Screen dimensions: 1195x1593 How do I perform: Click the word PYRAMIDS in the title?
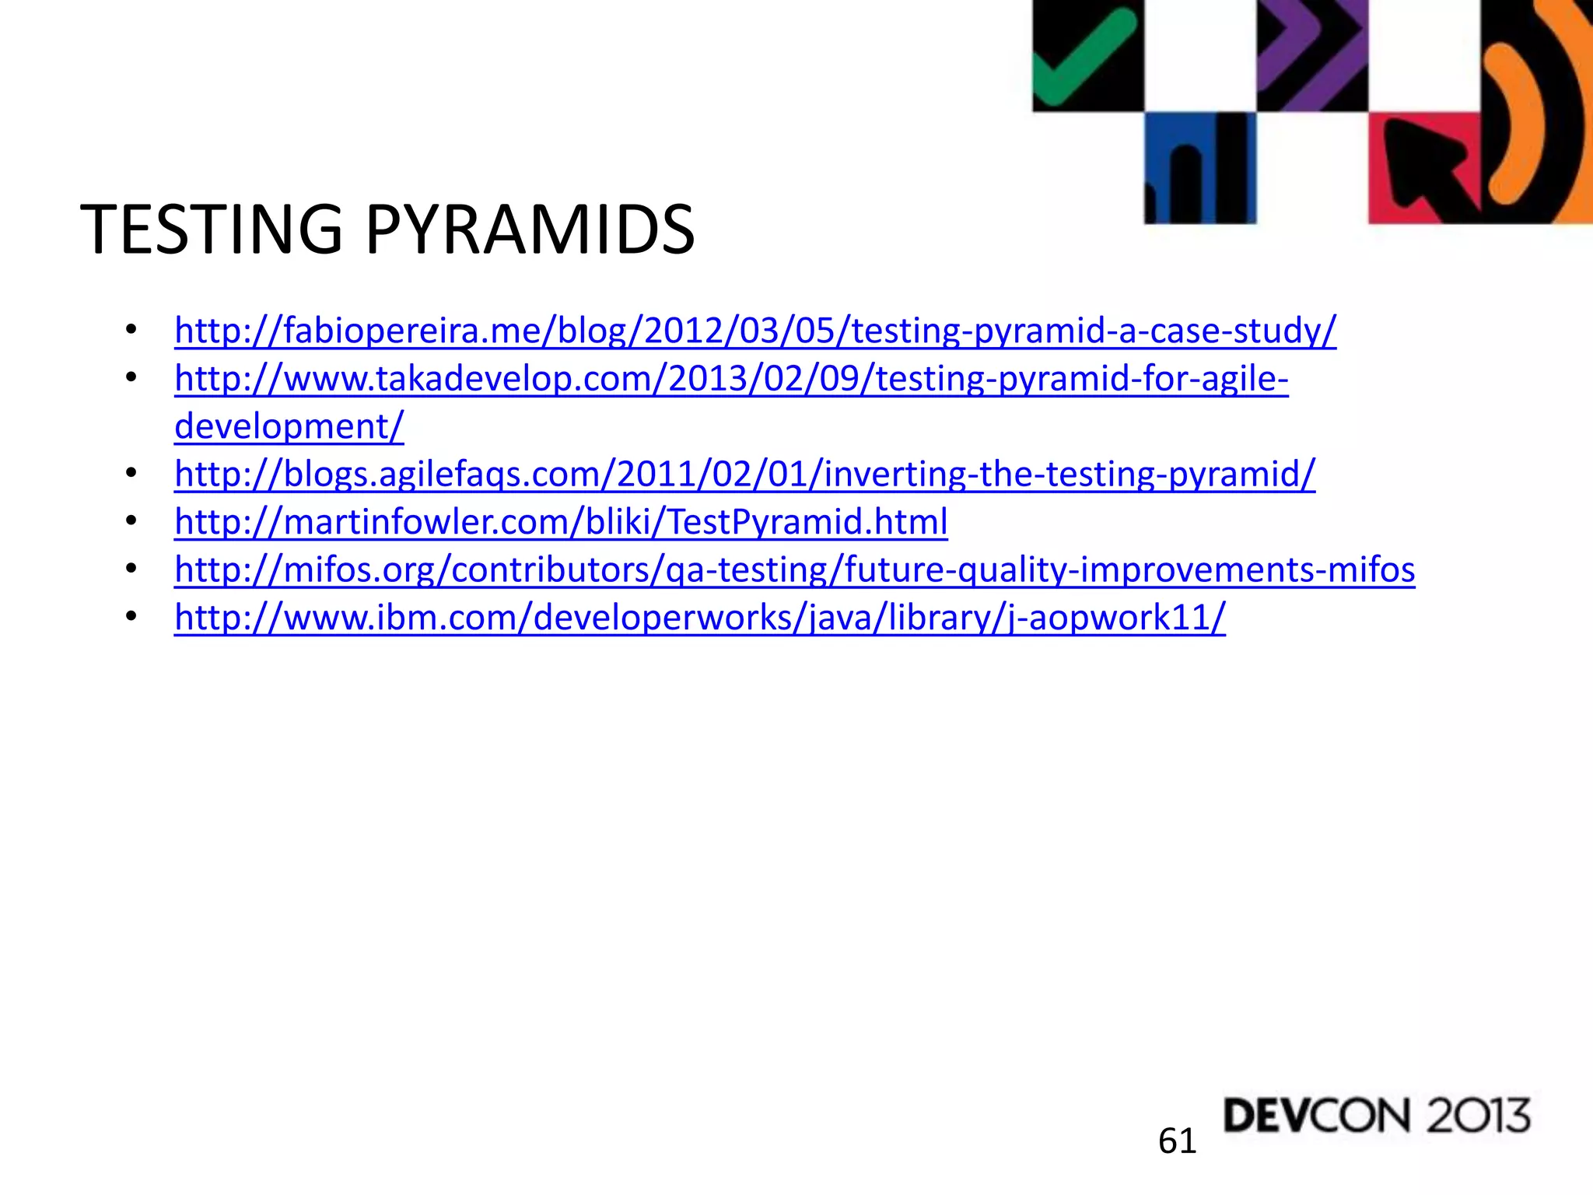click(530, 230)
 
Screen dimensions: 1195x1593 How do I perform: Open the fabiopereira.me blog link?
click(754, 331)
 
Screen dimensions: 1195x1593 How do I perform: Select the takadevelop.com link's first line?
click(731, 379)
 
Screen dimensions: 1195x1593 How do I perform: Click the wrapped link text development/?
click(289, 426)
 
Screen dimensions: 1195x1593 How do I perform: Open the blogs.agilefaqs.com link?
click(744, 474)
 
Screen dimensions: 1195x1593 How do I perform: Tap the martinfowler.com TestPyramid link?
click(561, 522)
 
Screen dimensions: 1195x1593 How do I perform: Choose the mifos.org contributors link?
click(794, 569)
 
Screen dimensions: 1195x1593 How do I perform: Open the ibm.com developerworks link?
click(699, 618)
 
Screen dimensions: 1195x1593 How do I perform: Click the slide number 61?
click(1177, 1141)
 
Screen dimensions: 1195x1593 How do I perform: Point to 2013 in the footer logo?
click(1478, 1116)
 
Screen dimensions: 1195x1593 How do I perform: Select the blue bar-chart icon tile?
click(1199, 168)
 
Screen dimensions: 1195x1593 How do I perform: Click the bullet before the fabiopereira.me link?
click(131, 330)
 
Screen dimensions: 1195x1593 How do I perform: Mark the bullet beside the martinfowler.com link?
click(131, 521)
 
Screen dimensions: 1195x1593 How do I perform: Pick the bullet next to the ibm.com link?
click(131, 617)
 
